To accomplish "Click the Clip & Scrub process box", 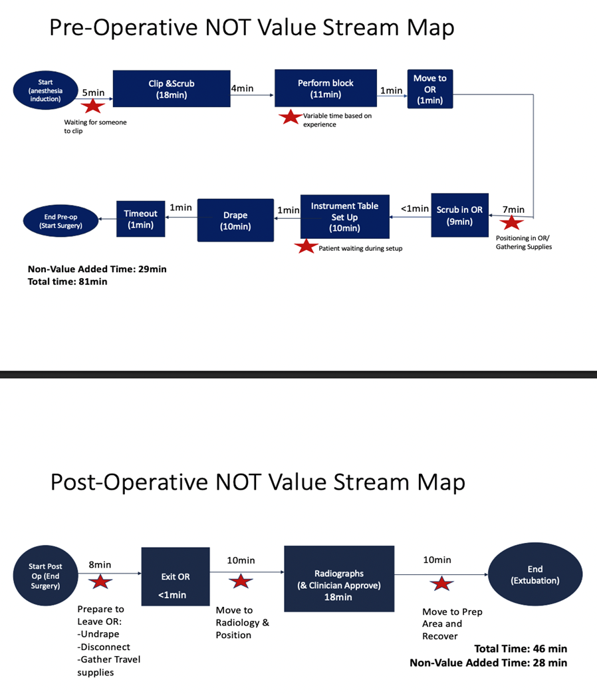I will click(172, 89).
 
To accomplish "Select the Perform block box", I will click(326, 89).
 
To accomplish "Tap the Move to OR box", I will click(429, 89).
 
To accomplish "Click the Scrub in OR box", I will click(459, 216).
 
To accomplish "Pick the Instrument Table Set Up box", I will click(344, 217).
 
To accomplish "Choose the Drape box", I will click(235, 220).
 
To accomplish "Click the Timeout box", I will click(140, 219).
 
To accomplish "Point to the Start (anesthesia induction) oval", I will click(45, 90).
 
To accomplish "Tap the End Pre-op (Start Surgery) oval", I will click(59, 219).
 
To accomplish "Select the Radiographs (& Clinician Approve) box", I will click(339, 579).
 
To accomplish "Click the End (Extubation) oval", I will click(535, 575).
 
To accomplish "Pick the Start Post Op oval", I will click(45, 576).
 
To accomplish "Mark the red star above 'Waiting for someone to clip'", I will click(93, 106).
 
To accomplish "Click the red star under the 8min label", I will click(100, 582).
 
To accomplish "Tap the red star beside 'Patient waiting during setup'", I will click(306, 247).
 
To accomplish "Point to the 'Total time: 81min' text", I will click(67, 281).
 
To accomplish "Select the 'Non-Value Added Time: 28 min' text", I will click(488, 662).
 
